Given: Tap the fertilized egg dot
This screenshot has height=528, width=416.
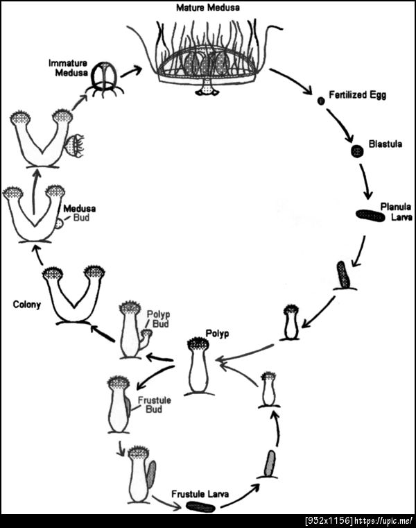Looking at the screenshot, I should [321, 101].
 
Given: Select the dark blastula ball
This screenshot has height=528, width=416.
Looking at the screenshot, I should [357, 151].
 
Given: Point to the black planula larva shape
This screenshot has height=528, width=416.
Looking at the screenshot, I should [370, 215].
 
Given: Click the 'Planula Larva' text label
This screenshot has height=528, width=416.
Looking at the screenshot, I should [396, 212].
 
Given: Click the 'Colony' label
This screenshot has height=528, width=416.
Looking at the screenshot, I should [26, 304].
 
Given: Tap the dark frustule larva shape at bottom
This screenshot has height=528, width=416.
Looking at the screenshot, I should [200, 506].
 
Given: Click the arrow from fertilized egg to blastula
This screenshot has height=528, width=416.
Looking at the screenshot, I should [342, 125].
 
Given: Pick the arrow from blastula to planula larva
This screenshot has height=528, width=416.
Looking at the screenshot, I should [367, 181].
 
